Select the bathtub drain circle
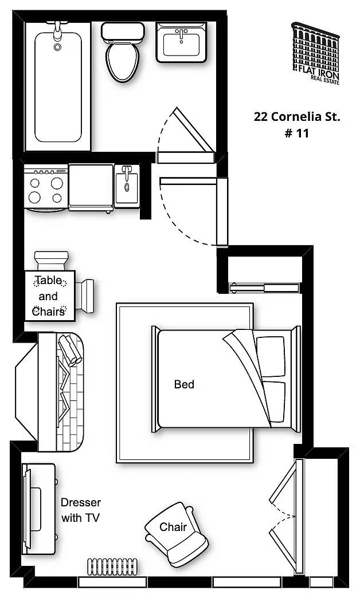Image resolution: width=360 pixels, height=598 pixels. (x=57, y=48)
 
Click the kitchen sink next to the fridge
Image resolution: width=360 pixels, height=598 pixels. (x=127, y=186)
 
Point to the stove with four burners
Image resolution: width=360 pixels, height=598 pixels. (x=46, y=188)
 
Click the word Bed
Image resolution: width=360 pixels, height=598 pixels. (x=184, y=384)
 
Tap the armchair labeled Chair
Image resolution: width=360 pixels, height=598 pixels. (x=177, y=534)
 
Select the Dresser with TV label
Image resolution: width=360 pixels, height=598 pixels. (x=81, y=510)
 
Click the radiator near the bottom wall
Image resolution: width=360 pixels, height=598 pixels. (x=112, y=566)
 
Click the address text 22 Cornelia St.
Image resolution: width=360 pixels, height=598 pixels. (x=296, y=116)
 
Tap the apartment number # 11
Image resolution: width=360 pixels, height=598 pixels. (x=296, y=133)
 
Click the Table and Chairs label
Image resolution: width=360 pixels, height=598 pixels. (x=49, y=296)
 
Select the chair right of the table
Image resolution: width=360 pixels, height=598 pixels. (x=85, y=296)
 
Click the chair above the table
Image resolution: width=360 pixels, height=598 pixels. (x=52, y=261)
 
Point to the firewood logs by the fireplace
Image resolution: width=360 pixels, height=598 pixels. (x=70, y=350)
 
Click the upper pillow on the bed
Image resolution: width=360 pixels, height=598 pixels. (x=271, y=357)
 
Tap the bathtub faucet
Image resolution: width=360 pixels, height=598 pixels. (x=58, y=30)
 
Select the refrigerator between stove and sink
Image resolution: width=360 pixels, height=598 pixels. (x=91, y=187)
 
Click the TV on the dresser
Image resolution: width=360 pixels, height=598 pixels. (x=27, y=509)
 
